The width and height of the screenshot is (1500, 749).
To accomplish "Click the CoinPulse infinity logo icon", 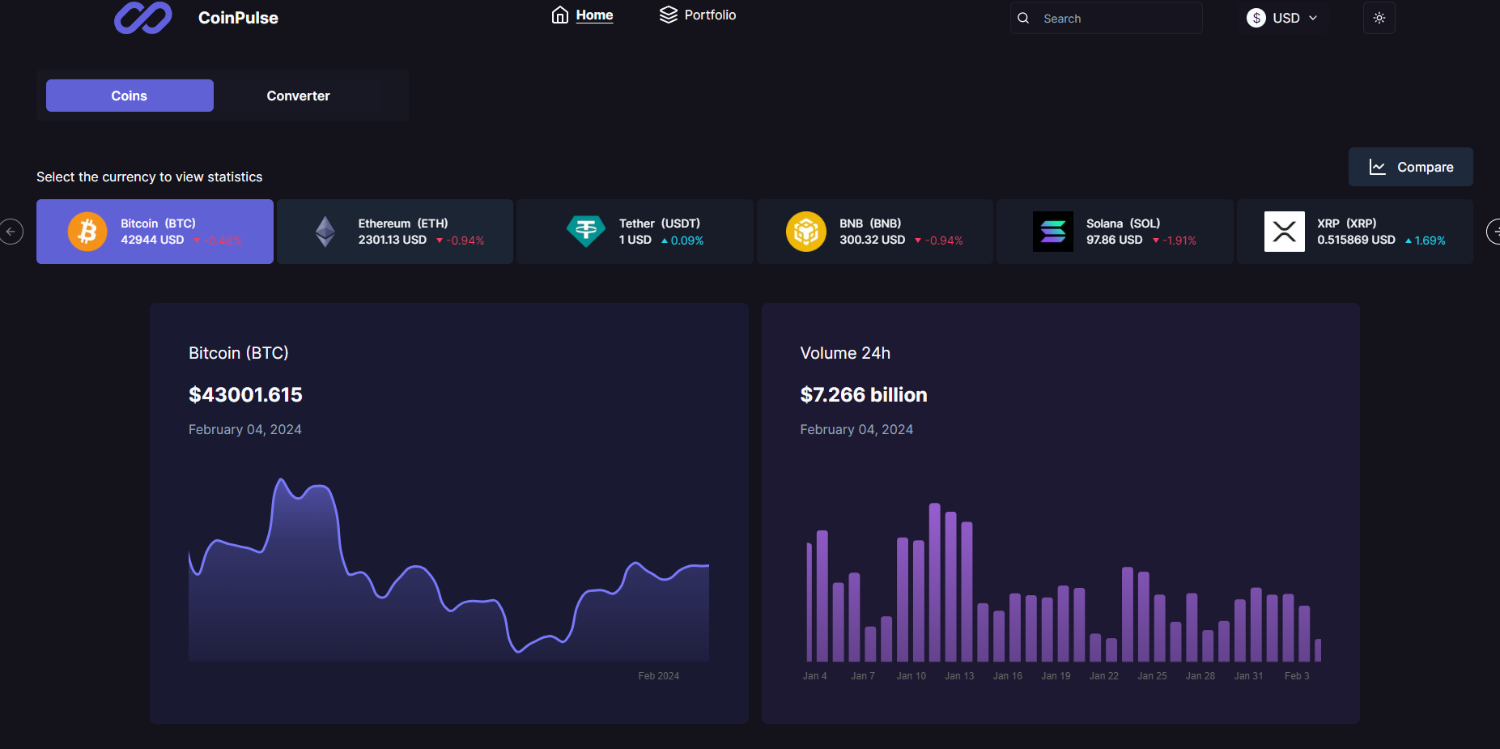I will [142, 18].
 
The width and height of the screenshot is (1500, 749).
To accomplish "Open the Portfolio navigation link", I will [698, 15].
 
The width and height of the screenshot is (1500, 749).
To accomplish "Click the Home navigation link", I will [583, 15].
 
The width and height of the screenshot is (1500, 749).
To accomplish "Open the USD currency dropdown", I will [1282, 18].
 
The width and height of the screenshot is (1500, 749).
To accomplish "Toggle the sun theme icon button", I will [1379, 18].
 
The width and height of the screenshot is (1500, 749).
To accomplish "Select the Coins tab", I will [130, 96].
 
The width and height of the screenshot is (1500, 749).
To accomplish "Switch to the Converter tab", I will [298, 96].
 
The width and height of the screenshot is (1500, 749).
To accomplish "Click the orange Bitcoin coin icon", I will [87, 232].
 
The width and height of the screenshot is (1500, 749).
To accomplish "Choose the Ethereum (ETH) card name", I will [402, 223].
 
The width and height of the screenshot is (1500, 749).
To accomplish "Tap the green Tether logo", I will [586, 232].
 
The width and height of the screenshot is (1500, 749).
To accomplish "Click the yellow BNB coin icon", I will [805, 232].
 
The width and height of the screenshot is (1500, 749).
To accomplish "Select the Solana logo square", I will [1052, 232].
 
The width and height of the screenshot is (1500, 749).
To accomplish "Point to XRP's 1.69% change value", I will [1429, 240].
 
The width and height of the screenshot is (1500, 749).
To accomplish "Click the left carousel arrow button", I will [11, 232].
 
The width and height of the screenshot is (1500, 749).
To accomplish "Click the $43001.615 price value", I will [245, 394].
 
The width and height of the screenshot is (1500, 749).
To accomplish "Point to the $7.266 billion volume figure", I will [863, 394].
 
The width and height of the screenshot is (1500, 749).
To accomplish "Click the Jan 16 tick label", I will [1007, 676].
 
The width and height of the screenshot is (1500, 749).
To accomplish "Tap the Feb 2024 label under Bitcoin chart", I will [658, 676].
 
